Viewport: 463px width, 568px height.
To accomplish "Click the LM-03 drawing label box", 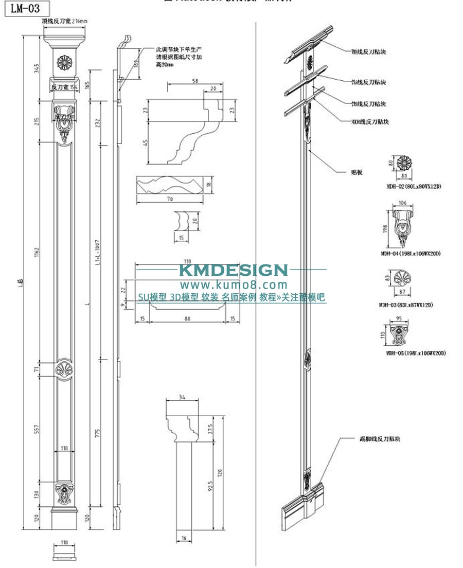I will (x=26, y=9).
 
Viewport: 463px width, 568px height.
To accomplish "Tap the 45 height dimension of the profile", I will (x=146, y=143).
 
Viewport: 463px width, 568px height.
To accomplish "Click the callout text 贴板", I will (x=357, y=172).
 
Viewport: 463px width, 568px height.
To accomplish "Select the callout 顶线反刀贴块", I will (x=368, y=51).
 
